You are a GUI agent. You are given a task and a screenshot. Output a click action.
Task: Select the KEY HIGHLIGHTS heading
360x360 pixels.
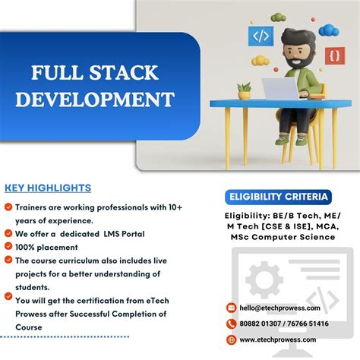pos(48,188)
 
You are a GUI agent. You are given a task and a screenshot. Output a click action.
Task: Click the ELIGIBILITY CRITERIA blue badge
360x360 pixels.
pos(279,197)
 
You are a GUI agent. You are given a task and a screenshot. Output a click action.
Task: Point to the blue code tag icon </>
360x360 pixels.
pos(261,35)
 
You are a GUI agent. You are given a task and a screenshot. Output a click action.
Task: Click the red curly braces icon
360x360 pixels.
pos(334,55)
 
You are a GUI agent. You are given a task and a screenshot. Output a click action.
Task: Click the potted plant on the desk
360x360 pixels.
pos(244,91)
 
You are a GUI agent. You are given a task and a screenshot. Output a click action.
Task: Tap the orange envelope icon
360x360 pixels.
pos(232,308)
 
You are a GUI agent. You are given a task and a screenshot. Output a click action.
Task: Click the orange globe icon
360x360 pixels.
pos(232,339)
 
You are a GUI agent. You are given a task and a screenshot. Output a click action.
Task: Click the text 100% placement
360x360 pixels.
pos(46,247)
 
